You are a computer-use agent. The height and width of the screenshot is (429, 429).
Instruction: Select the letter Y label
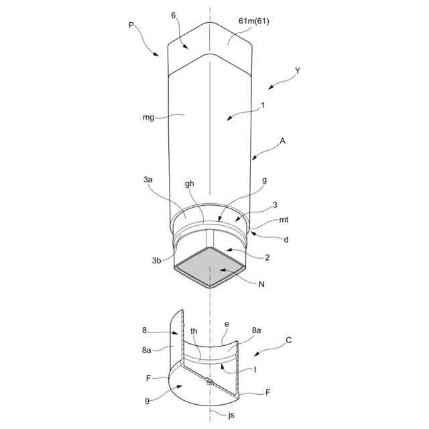point(298,70)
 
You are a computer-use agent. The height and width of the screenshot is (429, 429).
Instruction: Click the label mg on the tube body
point(149,117)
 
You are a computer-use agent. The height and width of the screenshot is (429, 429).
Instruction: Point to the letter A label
point(283,141)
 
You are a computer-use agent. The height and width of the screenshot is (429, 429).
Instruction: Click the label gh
point(190,184)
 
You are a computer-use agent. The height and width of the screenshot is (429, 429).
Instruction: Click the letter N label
point(261,284)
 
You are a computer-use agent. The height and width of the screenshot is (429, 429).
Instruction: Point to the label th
point(194,330)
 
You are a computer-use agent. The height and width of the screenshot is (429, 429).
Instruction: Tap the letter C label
point(289,340)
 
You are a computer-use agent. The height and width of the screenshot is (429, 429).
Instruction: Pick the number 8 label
point(144,330)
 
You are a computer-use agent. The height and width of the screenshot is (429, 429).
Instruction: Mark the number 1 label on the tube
point(263,105)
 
